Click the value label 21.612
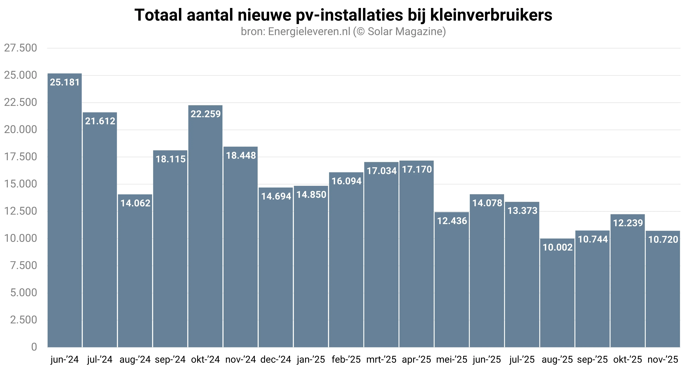pyautogui.click(x=100, y=121)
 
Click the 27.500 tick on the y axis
pyautogui.click(x=20, y=48)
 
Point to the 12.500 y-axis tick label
pyautogui.click(x=20, y=211)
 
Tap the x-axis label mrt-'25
pyautogui.click(x=381, y=360)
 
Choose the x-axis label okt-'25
pyautogui.click(x=628, y=360)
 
